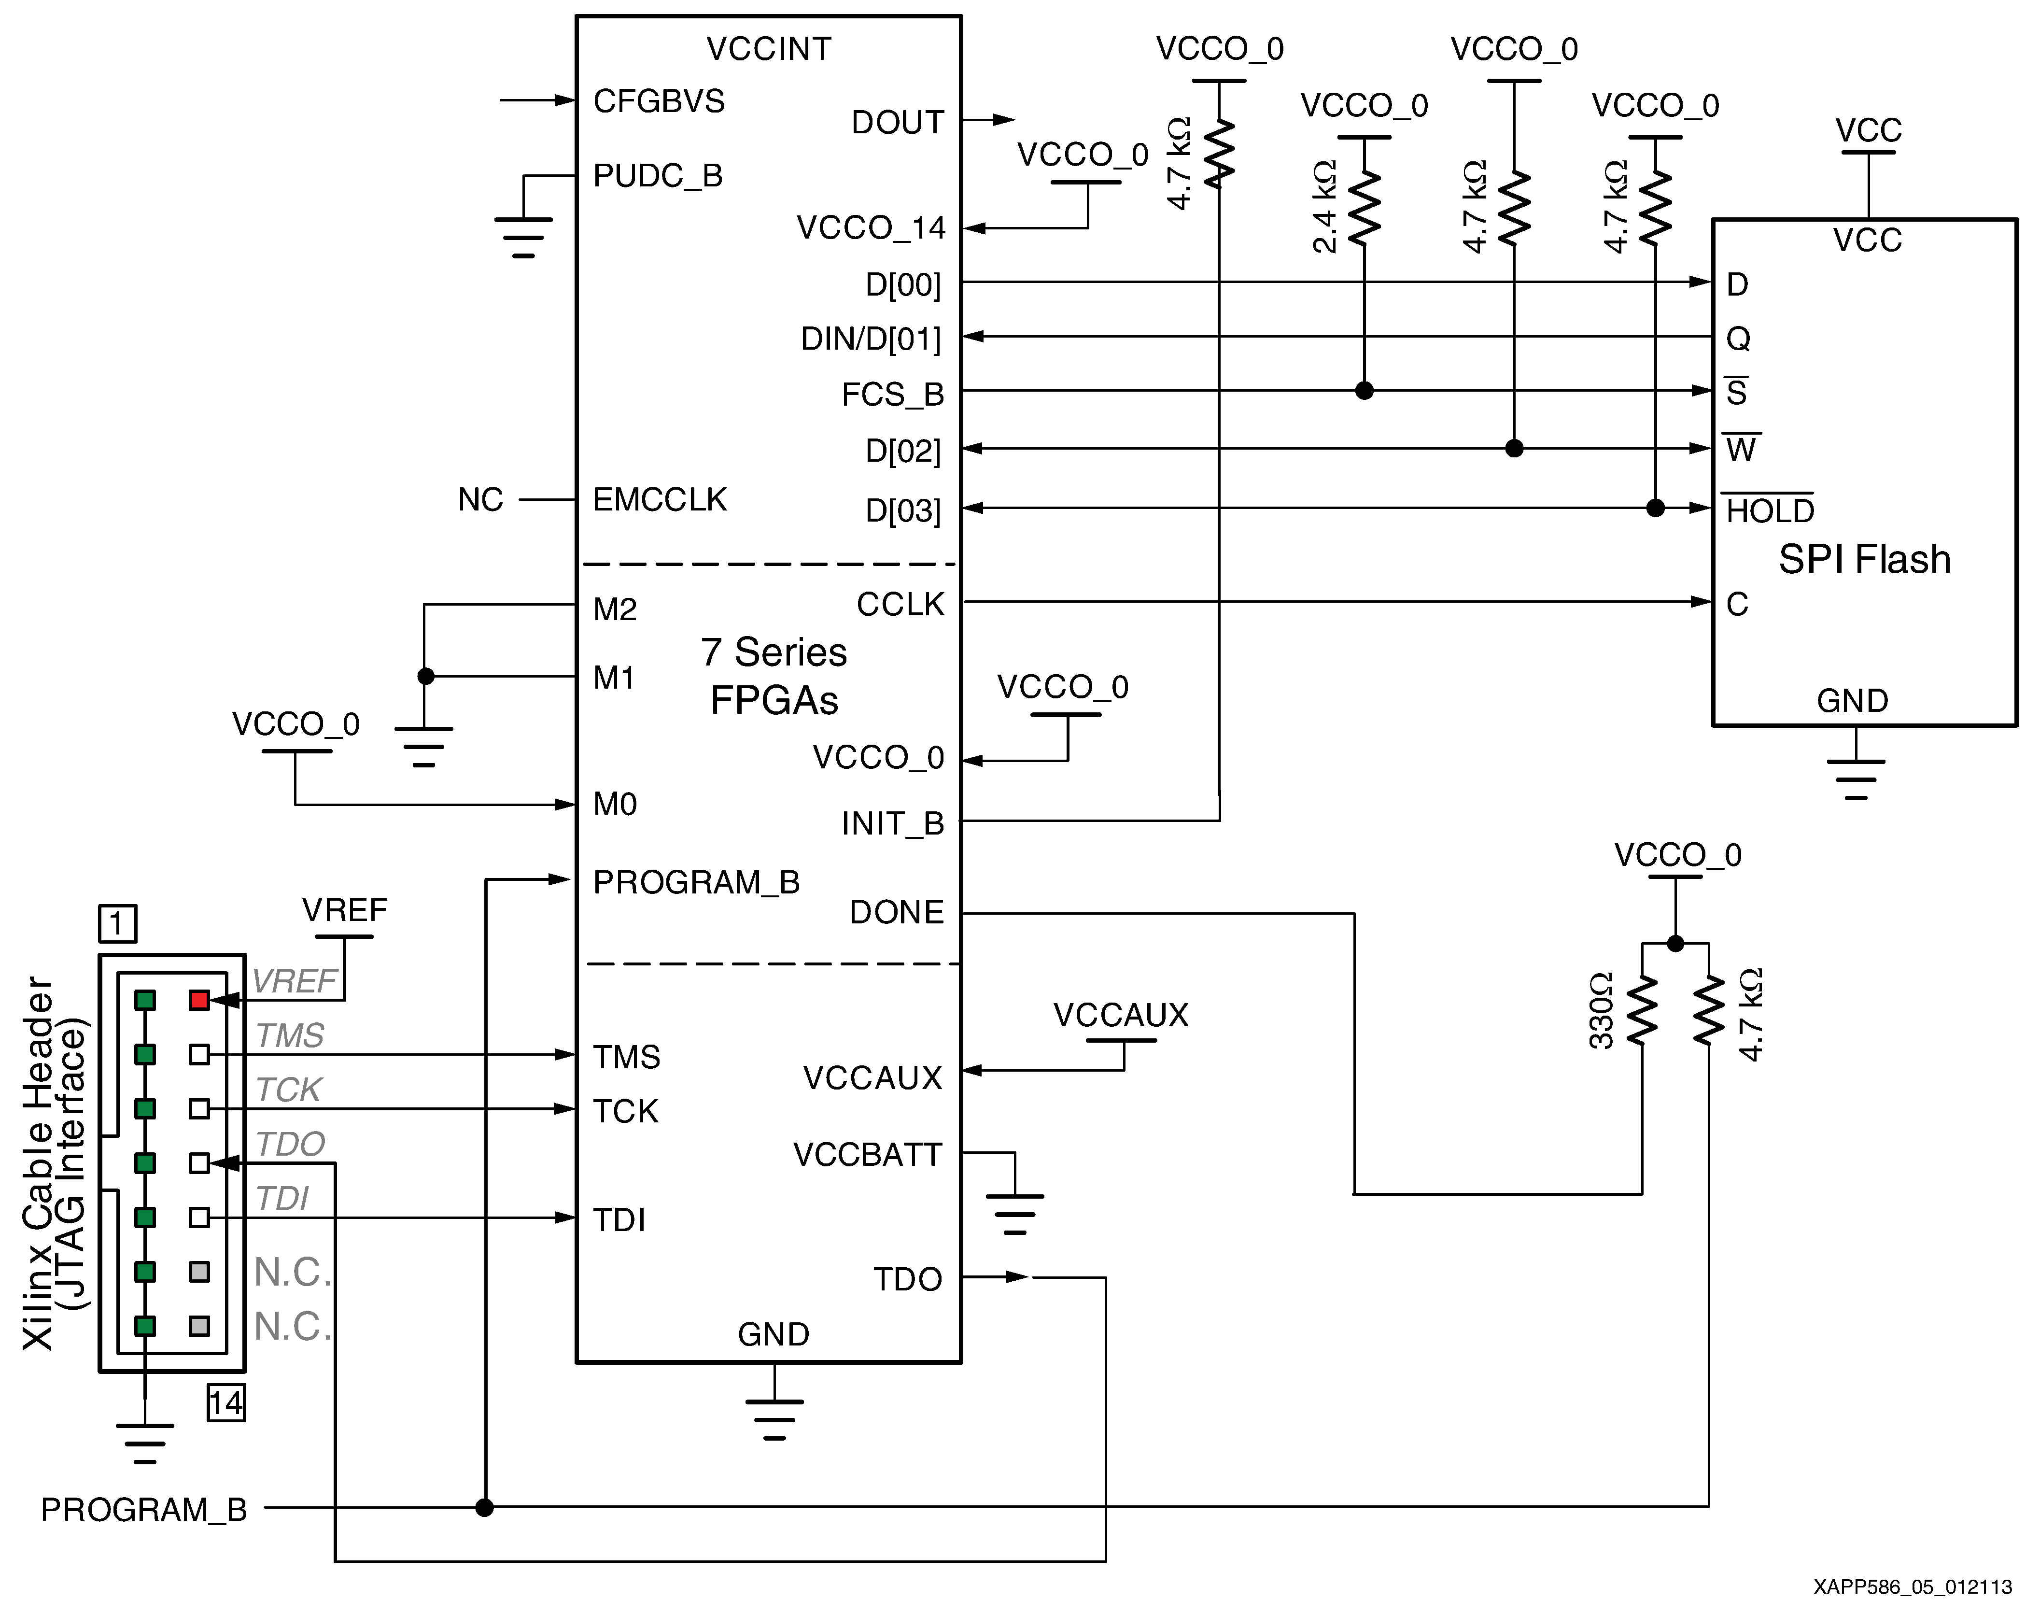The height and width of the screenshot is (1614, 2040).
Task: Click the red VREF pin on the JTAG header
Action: (198, 1000)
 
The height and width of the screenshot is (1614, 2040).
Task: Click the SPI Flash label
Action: (1864, 559)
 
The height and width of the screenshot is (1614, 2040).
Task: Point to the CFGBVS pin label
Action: (659, 101)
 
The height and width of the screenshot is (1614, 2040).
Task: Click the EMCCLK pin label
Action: (660, 500)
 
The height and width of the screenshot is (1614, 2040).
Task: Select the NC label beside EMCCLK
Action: (480, 500)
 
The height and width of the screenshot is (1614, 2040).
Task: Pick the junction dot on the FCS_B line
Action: (1364, 390)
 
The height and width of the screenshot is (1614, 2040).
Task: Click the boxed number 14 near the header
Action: (226, 1402)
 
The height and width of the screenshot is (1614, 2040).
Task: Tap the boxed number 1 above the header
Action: (117, 923)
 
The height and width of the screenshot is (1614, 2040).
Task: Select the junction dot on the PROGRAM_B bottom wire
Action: (484, 1507)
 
